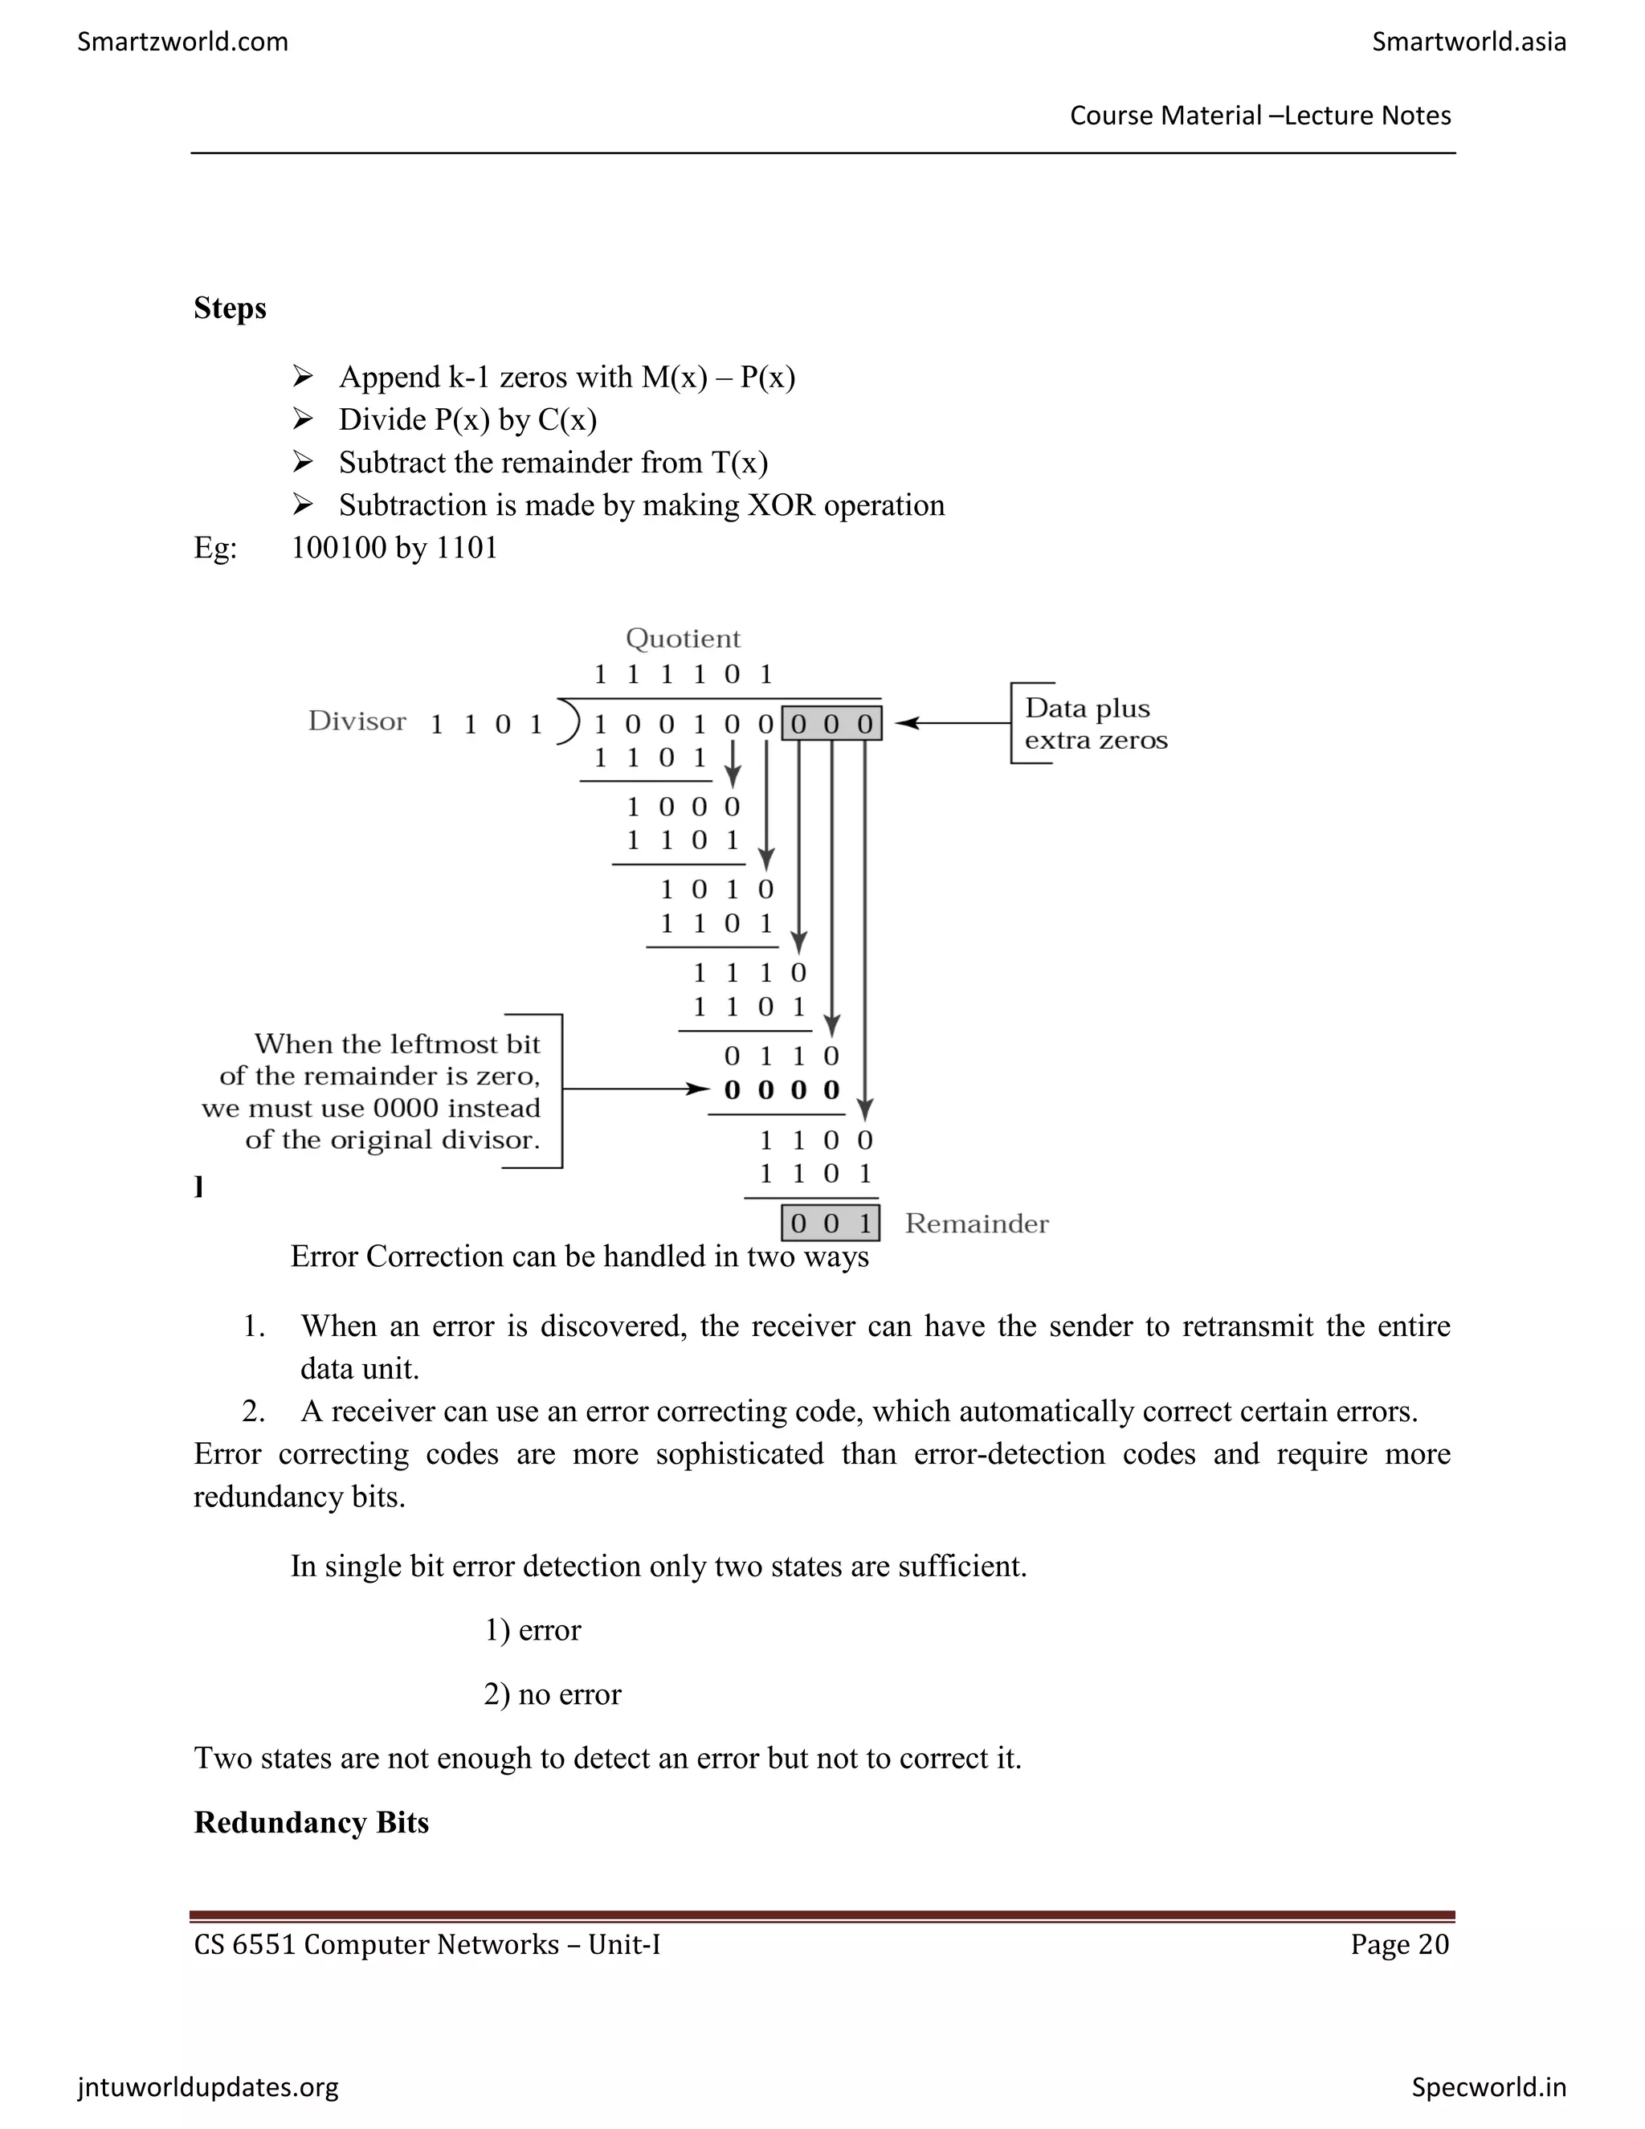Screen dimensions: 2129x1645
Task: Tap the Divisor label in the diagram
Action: click(x=357, y=721)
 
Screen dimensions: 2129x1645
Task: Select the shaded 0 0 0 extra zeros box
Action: click(x=831, y=723)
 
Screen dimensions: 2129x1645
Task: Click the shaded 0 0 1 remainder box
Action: click(x=831, y=1224)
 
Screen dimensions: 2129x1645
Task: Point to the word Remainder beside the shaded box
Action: click(x=977, y=1224)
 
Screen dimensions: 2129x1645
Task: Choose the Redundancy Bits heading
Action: click(x=311, y=1823)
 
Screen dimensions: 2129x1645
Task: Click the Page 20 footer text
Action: click(x=1399, y=1945)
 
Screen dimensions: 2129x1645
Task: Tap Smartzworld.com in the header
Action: click(x=182, y=42)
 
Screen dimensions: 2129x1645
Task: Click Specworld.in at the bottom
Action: click(x=1488, y=2087)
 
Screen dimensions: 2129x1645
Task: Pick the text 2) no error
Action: click(x=552, y=1694)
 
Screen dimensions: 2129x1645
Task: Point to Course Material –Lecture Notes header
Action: click(x=1260, y=116)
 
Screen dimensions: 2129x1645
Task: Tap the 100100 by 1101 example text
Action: click(x=394, y=548)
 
